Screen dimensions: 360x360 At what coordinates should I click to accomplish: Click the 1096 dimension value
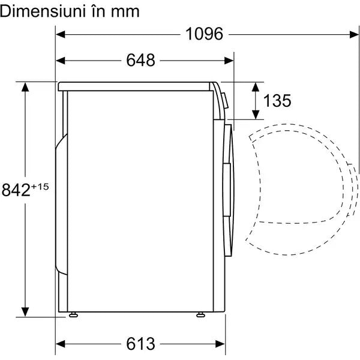[204, 34]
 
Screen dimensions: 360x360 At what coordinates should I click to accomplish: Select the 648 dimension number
[140, 60]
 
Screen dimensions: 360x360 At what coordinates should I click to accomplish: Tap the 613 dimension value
[140, 344]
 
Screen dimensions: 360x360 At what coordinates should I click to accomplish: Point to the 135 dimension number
[277, 101]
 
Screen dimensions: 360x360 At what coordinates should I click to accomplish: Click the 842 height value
[16, 190]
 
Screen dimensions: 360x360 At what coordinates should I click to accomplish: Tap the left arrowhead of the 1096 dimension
[61, 35]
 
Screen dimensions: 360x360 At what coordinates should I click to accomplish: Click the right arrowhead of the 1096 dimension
[354, 35]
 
